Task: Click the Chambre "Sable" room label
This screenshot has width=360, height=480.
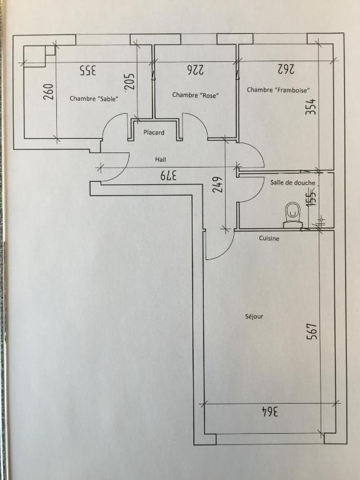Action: pyautogui.click(x=94, y=99)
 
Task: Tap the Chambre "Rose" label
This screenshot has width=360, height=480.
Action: pyautogui.click(x=196, y=95)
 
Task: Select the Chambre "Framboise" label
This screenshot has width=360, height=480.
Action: pyautogui.click(x=279, y=90)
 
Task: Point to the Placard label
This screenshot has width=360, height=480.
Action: pyautogui.click(x=154, y=132)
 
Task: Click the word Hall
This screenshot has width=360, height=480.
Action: pyautogui.click(x=161, y=159)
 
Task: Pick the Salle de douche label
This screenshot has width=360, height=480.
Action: pyautogui.click(x=292, y=182)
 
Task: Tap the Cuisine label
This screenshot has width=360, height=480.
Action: pyautogui.click(x=269, y=238)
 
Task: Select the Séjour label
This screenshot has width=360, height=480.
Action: pyautogui.click(x=254, y=316)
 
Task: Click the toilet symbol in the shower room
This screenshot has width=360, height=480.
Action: pyautogui.click(x=293, y=215)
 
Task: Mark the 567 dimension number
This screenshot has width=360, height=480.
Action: pyautogui.click(x=312, y=331)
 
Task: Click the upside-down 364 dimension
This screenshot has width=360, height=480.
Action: pyautogui.click(x=270, y=412)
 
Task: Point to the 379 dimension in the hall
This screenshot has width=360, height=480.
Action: pyautogui.click(x=168, y=176)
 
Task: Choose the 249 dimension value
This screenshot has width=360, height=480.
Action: pyautogui.click(x=217, y=184)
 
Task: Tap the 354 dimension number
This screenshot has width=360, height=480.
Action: pyautogui.click(x=311, y=106)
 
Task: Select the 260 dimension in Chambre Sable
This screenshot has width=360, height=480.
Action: pyautogui.click(x=49, y=91)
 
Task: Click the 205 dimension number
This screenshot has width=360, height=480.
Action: pyautogui.click(x=129, y=81)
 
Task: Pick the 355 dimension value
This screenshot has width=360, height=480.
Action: pyautogui.click(x=88, y=70)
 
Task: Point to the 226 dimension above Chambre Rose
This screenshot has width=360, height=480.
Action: pyautogui.click(x=195, y=70)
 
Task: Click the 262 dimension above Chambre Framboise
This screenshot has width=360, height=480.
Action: pyautogui.click(x=286, y=69)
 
